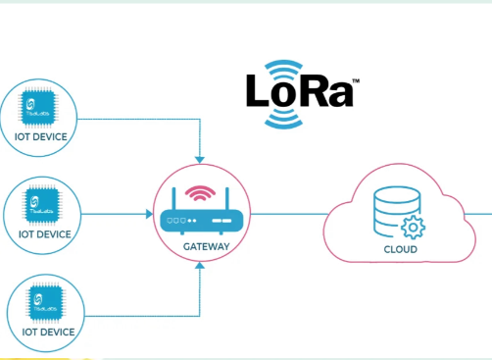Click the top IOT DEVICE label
click(x=43, y=136)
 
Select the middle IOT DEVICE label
click(x=43, y=234)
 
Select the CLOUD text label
click(x=399, y=250)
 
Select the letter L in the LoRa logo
click(x=259, y=92)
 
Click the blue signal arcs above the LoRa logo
click(x=288, y=69)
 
